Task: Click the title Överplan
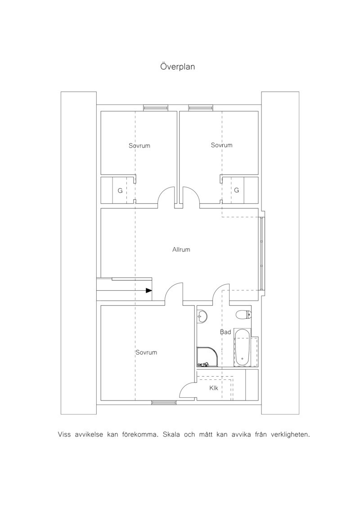[x=177, y=67]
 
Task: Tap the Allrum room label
[x=181, y=250]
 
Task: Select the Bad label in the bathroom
[x=225, y=332]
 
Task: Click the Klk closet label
[x=214, y=388]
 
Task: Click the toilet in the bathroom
[x=243, y=314]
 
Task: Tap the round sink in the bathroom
[x=202, y=316]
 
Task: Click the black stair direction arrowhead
[x=148, y=291]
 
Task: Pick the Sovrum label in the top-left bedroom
[x=139, y=146]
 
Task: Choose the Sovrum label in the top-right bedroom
[x=222, y=145]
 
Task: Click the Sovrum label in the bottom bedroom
[x=146, y=352]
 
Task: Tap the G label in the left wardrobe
[x=120, y=191]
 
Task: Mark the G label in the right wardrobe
[x=236, y=190]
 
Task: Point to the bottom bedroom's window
[x=164, y=403]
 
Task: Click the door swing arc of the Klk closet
[x=184, y=385]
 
